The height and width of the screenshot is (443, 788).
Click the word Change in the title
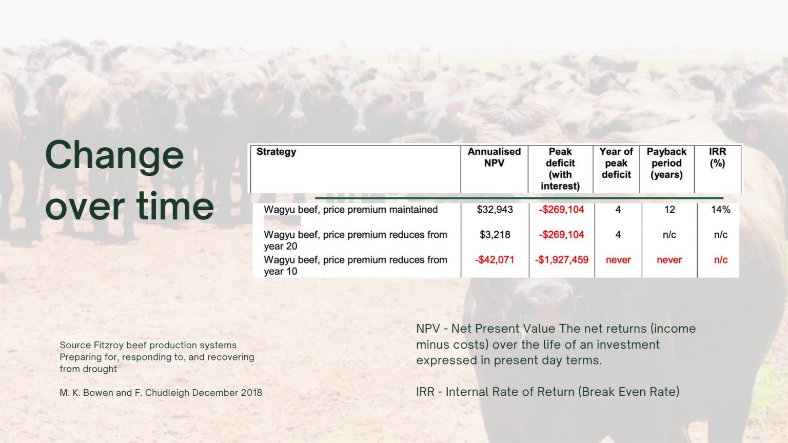(114, 155)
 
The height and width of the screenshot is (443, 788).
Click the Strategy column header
(276, 152)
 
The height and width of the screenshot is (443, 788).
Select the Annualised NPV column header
(494, 157)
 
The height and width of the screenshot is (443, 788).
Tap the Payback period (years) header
(666, 163)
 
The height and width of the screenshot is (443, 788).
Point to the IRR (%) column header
(717, 157)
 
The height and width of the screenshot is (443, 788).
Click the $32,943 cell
(495, 210)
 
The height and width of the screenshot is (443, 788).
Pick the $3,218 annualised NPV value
(495, 234)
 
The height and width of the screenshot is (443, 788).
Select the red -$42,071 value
(495, 260)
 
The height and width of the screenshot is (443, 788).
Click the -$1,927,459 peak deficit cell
(562, 260)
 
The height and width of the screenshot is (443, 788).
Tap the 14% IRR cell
(720, 210)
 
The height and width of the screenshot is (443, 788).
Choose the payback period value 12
(669, 210)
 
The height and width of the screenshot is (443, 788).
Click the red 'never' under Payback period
(669, 260)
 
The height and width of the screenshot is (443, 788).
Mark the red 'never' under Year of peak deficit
(618, 260)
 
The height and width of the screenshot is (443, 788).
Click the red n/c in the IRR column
(720, 260)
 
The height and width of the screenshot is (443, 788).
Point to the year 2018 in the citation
(251, 393)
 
